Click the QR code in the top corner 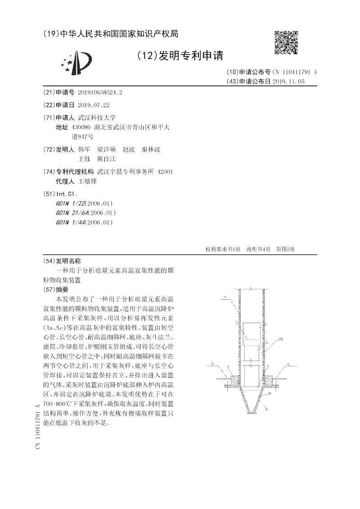pyautogui.click(x=286, y=43)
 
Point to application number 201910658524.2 pyautogui.click(x=100, y=92)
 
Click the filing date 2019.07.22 pyautogui.click(x=94, y=105)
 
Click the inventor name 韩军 pyautogui.click(x=84, y=149)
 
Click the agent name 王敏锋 pyautogui.click(x=87, y=181)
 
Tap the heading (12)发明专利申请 pyautogui.click(x=180, y=56)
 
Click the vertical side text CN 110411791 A pyautogui.click(x=37, y=428)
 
